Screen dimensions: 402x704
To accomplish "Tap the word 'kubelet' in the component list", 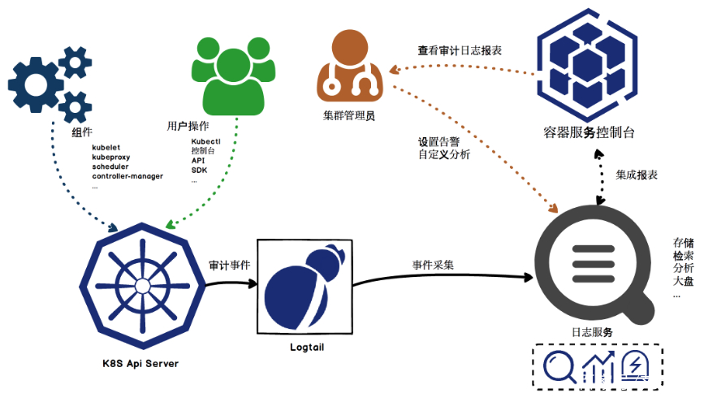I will (107, 147).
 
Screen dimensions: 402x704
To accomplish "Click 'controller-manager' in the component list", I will (127, 176).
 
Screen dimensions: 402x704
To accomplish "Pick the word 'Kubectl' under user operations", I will (206, 141).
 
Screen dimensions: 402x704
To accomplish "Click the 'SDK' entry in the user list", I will (199, 171).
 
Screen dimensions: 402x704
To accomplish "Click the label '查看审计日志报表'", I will (460, 50).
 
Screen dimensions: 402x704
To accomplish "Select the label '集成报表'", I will (637, 175).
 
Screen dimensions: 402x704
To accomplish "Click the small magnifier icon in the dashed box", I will (559, 367).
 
